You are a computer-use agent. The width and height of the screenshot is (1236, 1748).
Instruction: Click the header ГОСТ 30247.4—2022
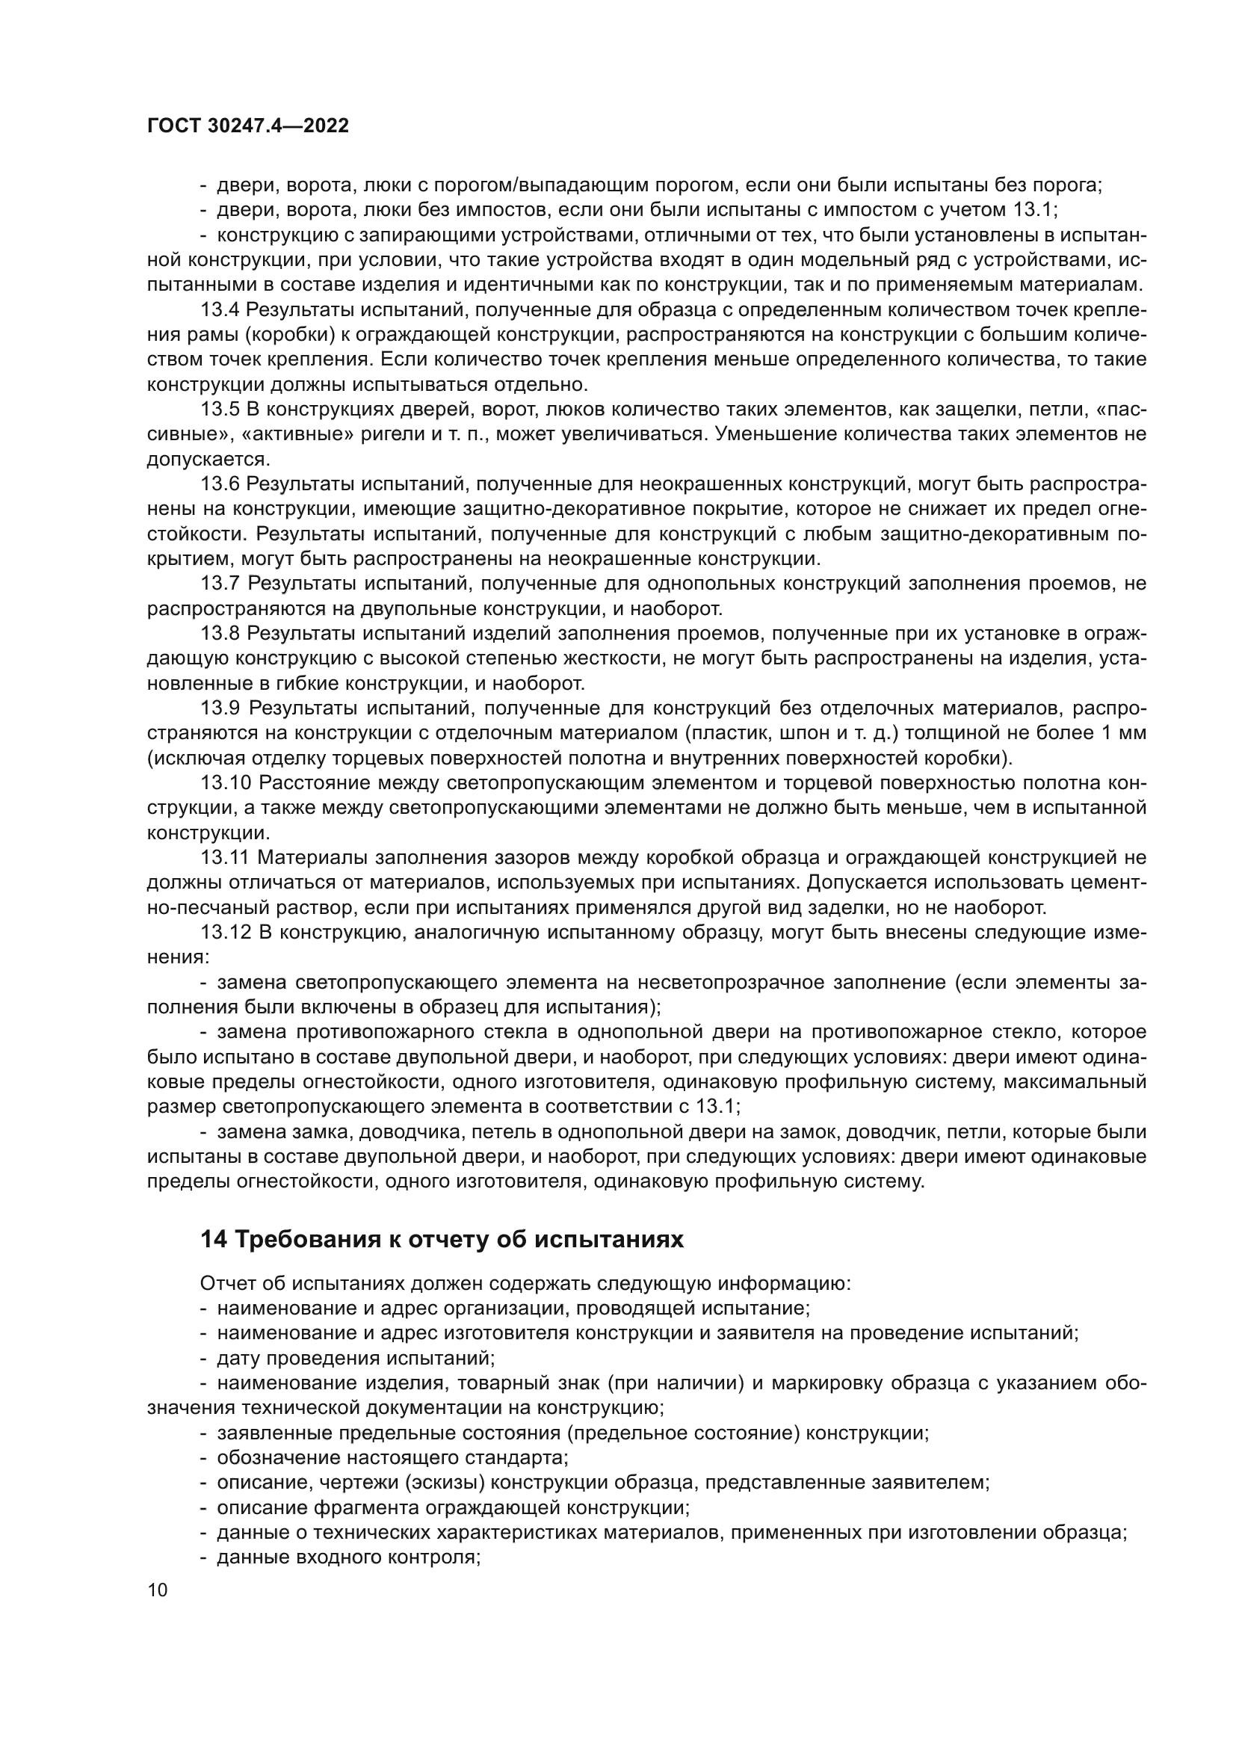point(248,126)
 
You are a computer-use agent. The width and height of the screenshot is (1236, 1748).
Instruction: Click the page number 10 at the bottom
point(158,1590)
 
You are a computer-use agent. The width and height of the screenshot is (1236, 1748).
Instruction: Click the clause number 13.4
point(220,310)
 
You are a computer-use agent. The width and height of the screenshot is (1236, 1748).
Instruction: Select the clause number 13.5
point(220,410)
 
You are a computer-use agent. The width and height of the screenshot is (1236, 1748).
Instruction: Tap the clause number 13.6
point(220,484)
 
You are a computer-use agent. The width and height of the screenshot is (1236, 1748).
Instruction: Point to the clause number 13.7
point(220,584)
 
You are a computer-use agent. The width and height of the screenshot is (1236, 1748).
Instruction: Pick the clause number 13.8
point(220,634)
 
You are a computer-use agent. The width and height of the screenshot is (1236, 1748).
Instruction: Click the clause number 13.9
point(220,708)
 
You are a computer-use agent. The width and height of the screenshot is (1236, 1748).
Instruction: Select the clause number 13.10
point(225,782)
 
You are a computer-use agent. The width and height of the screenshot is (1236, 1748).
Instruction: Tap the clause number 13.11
point(225,857)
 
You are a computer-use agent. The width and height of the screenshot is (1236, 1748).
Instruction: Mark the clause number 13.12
point(225,932)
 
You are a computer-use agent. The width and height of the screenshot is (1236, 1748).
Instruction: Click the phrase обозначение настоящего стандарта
point(393,1458)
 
